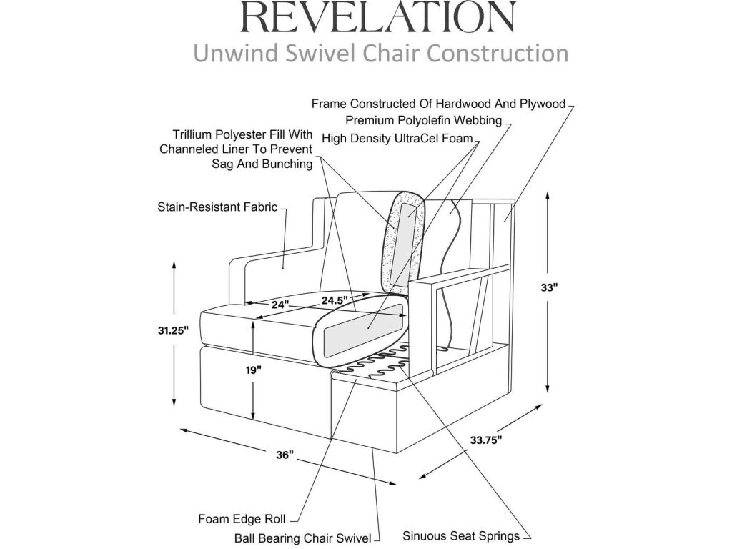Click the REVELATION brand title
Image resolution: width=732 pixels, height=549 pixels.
[378, 18]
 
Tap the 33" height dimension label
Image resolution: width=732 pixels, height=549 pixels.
[548, 287]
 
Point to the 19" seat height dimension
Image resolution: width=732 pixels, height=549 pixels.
[254, 370]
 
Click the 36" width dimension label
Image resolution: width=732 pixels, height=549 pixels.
[286, 455]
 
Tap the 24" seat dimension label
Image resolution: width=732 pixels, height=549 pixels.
[280, 304]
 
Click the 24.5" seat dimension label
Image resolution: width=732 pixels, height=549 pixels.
[334, 299]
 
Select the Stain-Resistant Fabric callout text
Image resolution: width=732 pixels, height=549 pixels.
[217, 209]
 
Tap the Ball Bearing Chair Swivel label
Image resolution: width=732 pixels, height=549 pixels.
[303, 537]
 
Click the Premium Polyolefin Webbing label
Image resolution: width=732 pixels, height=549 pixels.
[423, 120]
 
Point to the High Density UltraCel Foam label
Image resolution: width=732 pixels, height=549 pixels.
[397, 138]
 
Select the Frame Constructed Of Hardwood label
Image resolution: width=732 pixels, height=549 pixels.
[438, 103]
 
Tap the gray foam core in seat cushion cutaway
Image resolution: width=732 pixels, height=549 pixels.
[361, 333]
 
